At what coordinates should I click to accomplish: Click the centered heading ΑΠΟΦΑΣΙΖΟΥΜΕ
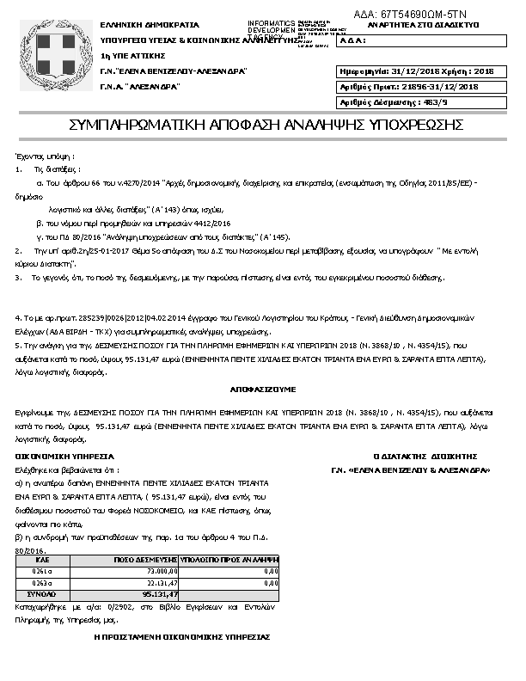[262, 389]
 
